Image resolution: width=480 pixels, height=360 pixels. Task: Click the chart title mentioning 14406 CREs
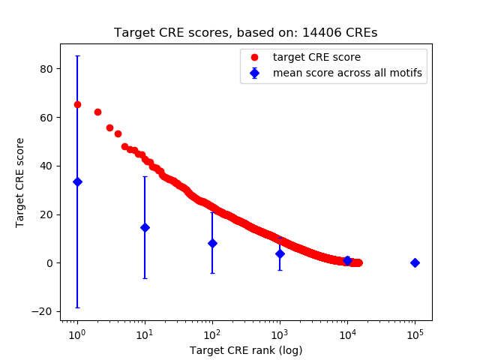pos(246,33)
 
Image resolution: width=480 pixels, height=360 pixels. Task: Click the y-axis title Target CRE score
pos(20,182)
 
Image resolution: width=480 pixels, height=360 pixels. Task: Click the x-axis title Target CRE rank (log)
pos(246,349)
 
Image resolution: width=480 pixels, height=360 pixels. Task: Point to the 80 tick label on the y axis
pos(46,69)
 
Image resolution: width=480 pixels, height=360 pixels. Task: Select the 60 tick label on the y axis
pos(46,117)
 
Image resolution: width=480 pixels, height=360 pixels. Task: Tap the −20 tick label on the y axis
pos(43,311)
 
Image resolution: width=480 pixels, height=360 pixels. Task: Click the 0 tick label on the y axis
pos(49,262)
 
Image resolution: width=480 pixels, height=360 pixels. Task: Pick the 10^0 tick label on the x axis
pos(76,333)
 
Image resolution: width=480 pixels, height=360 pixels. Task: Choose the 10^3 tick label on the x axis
pos(280,333)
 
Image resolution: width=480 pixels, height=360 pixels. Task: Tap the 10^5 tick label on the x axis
pos(415,333)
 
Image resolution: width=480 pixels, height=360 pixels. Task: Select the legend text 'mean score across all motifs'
pos(347,73)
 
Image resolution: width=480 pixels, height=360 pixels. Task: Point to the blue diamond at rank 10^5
pos(415,262)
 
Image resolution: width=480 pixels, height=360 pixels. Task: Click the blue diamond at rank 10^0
pos(77,181)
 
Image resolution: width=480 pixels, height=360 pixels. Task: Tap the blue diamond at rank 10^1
pos(145,227)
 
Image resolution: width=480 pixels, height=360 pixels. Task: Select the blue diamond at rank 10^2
pos(212,243)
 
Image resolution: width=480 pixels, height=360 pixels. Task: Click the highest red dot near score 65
pos(77,104)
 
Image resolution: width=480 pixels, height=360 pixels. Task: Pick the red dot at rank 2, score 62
pos(97,112)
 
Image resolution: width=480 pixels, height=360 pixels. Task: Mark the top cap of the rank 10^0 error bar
pos(77,55)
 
